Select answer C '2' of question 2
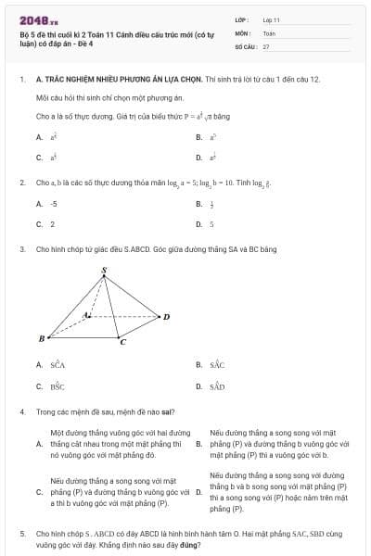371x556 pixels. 52,223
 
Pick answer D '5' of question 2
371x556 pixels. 211,223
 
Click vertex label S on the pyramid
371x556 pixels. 104,271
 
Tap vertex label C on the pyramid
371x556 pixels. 122,343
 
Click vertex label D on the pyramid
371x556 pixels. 166,317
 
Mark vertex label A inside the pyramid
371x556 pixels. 86,315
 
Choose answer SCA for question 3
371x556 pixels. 58,365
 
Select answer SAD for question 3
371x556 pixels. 217,386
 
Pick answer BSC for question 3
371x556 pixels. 58,386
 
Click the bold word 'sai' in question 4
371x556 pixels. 169,411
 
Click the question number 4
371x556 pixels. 22,411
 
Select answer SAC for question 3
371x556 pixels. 217,365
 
